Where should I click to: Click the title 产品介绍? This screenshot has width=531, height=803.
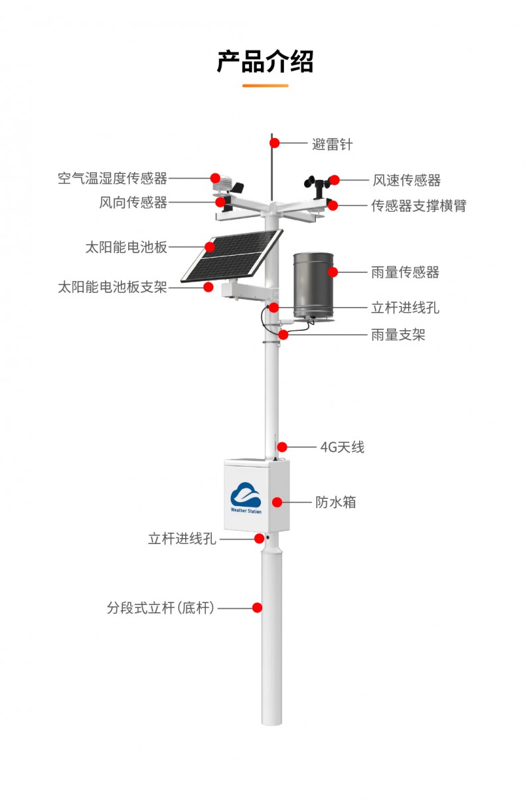click(x=265, y=62)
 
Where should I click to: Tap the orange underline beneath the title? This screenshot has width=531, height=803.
click(x=265, y=86)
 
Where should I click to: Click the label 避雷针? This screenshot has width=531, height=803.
click(x=332, y=145)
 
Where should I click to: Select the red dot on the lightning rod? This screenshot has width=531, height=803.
click(x=274, y=143)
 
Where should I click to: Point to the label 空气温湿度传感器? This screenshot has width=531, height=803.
click(x=113, y=178)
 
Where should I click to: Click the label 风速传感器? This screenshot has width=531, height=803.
click(x=407, y=180)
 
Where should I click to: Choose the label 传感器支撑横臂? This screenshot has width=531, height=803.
click(x=419, y=206)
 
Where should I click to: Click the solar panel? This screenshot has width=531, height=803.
click(x=232, y=256)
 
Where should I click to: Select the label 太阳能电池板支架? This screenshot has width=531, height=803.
click(x=113, y=287)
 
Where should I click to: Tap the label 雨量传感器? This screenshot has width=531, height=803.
click(x=406, y=272)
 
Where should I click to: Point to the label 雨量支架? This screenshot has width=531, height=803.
click(x=398, y=335)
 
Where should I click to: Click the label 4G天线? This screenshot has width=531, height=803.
click(x=342, y=448)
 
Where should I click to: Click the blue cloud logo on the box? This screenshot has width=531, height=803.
click(x=246, y=495)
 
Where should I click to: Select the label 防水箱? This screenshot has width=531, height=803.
click(x=336, y=502)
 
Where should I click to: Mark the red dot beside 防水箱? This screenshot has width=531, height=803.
click(x=277, y=502)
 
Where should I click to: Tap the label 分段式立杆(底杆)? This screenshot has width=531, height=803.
click(x=161, y=608)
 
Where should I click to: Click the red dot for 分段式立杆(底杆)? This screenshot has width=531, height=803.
click(x=257, y=608)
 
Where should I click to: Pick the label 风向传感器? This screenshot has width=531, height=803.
click(x=133, y=203)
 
